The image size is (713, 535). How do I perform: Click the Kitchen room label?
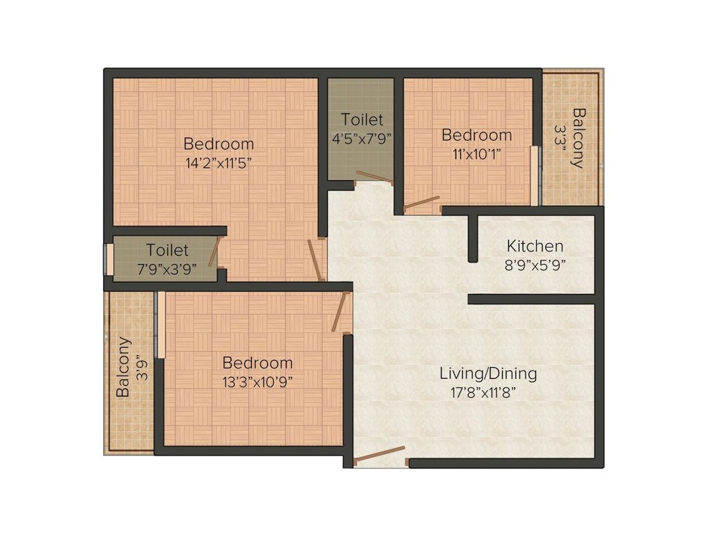click(x=535, y=246)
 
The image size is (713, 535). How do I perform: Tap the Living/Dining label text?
click(x=488, y=373)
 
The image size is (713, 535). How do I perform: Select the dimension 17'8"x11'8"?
click(x=487, y=391)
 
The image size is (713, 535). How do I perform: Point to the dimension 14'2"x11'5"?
click(x=218, y=163)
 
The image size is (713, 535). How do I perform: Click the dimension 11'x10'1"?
click(x=477, y=153)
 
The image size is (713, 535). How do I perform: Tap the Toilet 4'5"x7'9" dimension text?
click(x=361, y=138)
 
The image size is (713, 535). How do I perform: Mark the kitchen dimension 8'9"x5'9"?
click(x=535, y=265)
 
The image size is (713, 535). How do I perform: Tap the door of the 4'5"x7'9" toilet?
click(x=374, y=177)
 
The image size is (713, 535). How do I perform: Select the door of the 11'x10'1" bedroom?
click(x=423, y=203)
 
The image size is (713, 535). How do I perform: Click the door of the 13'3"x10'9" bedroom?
click(x=340, y=311)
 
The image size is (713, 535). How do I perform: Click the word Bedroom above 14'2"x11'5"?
click(x=219, y=144)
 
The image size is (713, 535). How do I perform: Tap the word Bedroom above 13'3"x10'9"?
click(x=257, y=363)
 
